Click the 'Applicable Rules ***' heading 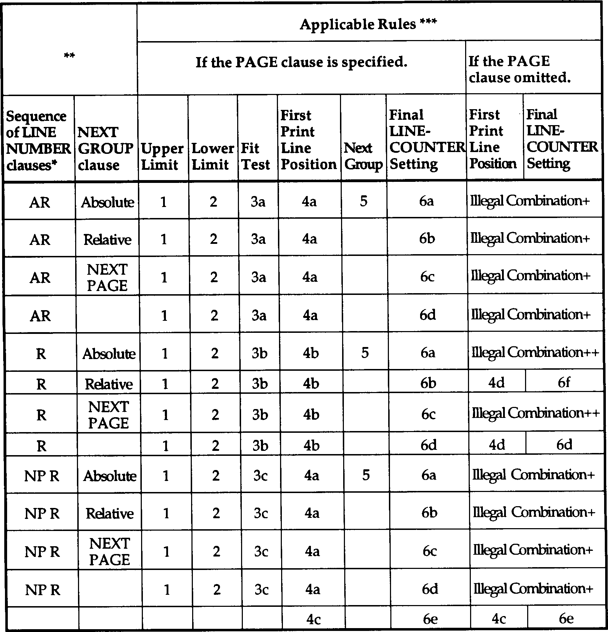tap(368, 24)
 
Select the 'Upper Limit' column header tap(162, 156)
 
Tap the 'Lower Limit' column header tap(212, 156)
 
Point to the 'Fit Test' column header tap(255, 156)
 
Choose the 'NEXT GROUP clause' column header tap(105, 148)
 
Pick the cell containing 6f tap(564, 382)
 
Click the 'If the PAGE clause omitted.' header tap(520, 69)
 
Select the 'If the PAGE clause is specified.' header tap(301, 62)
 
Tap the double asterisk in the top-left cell tap(69, 55)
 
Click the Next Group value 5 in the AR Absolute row tap(363, 201)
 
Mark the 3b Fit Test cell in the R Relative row tap(260, 383)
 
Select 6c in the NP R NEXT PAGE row tap(429, 551)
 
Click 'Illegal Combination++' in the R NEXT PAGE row tap(535, 413)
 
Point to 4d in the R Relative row tap(496, 383)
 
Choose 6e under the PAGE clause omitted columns tap(566, 619)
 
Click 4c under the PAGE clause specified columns tap(313, 619)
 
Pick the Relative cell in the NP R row tap(110, 513)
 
